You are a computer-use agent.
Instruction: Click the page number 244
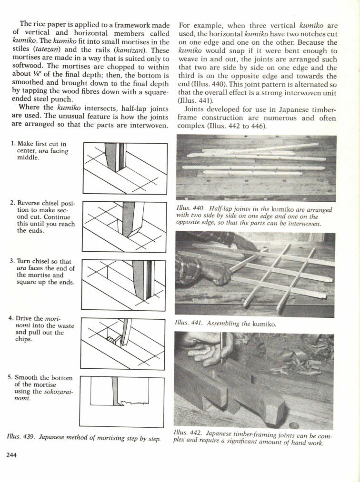[11, 455]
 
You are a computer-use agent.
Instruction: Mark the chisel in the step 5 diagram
[115, 390]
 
